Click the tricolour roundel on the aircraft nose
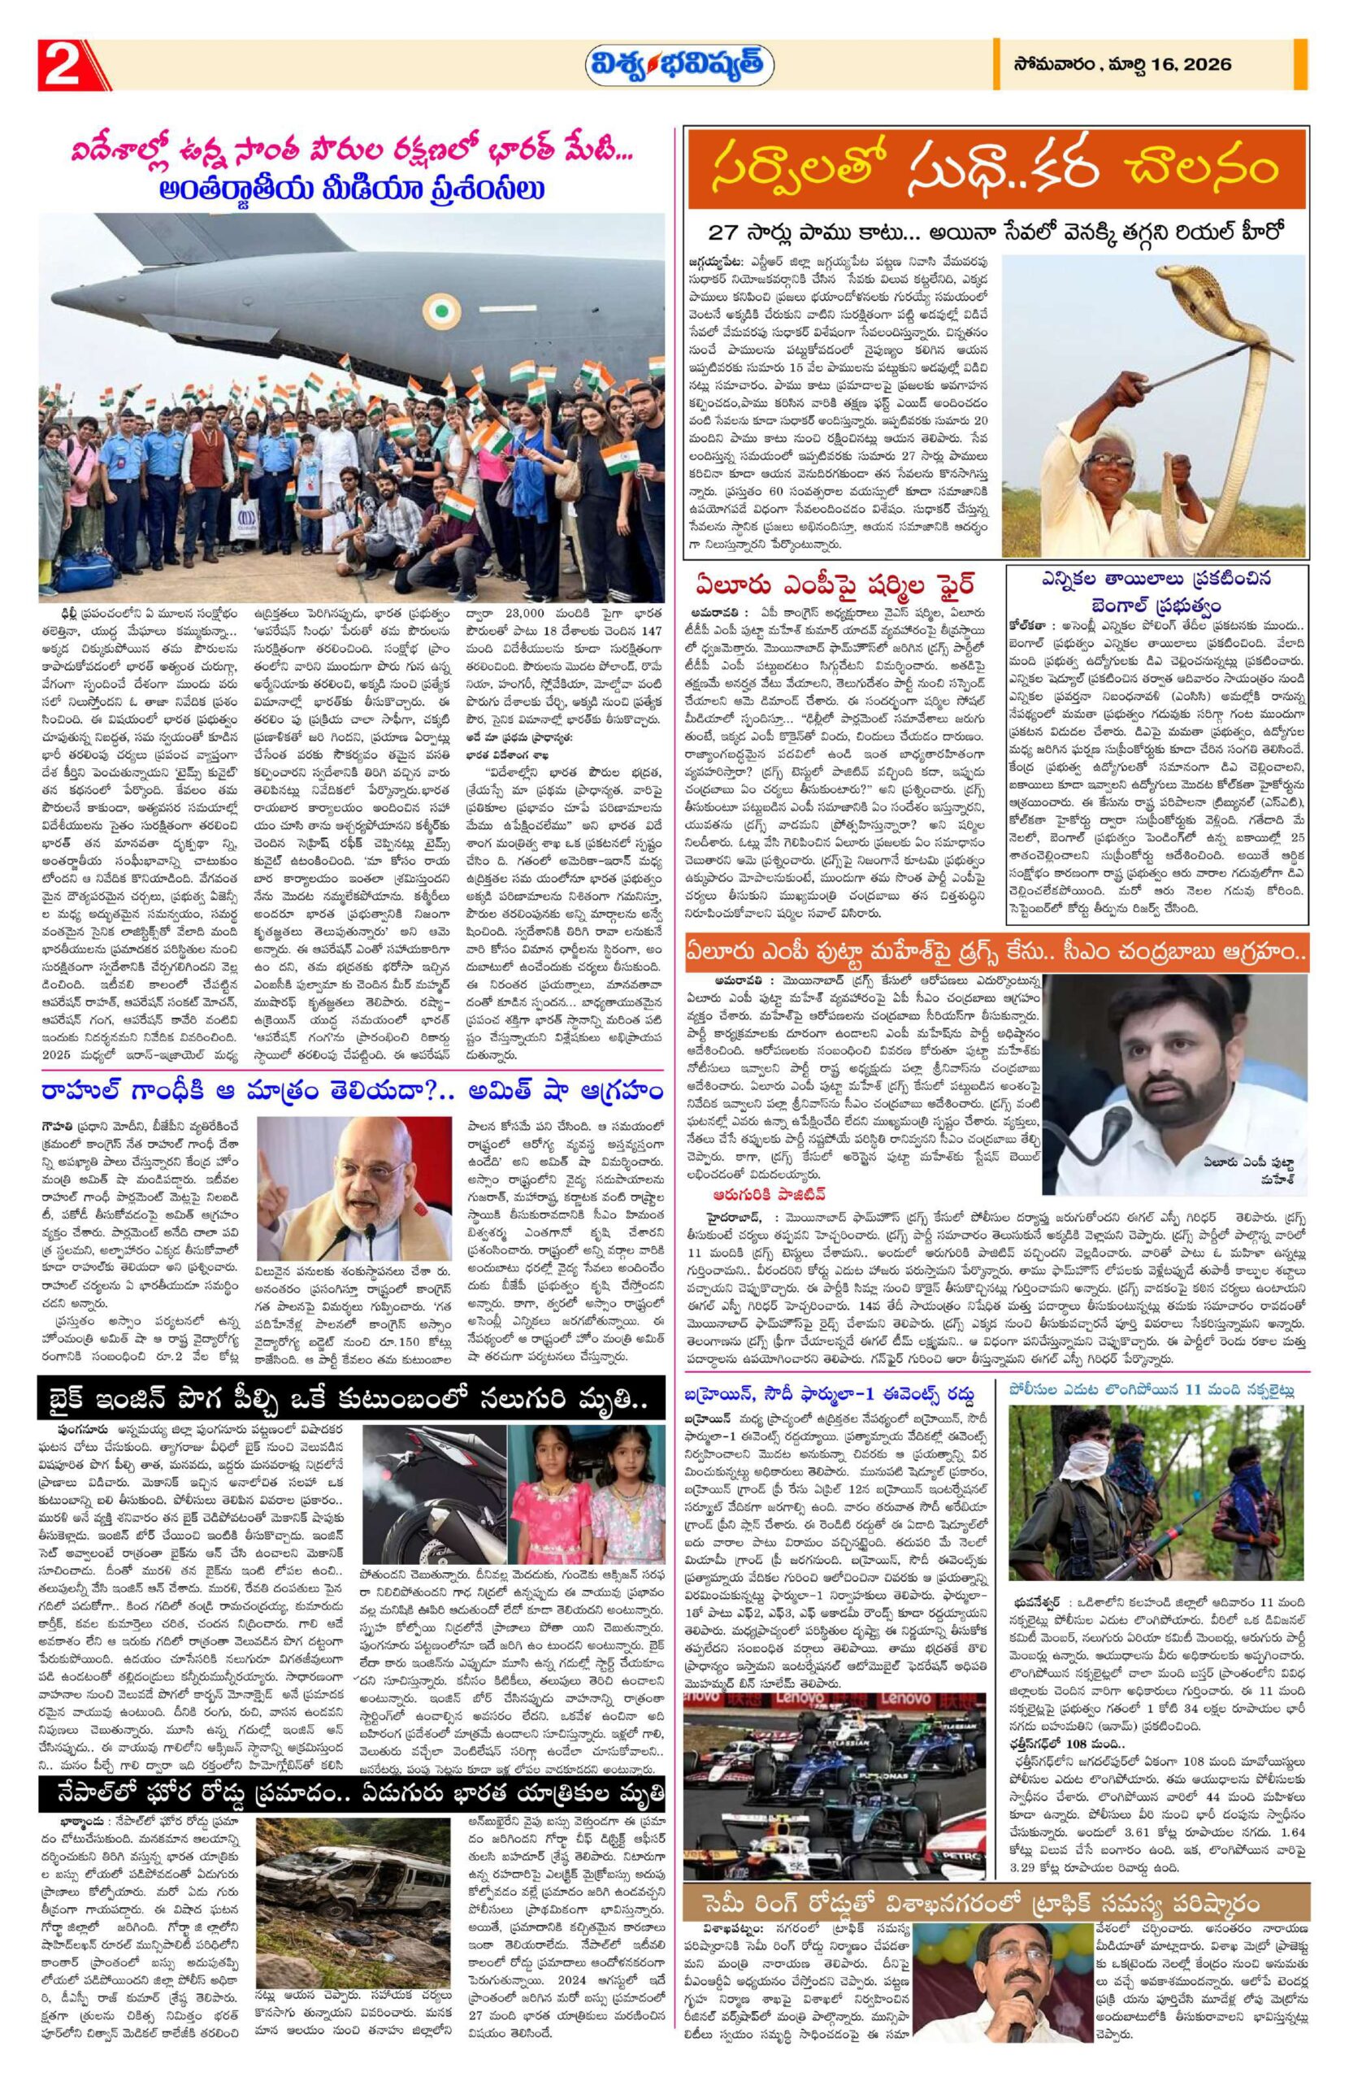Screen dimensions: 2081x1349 445,309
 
